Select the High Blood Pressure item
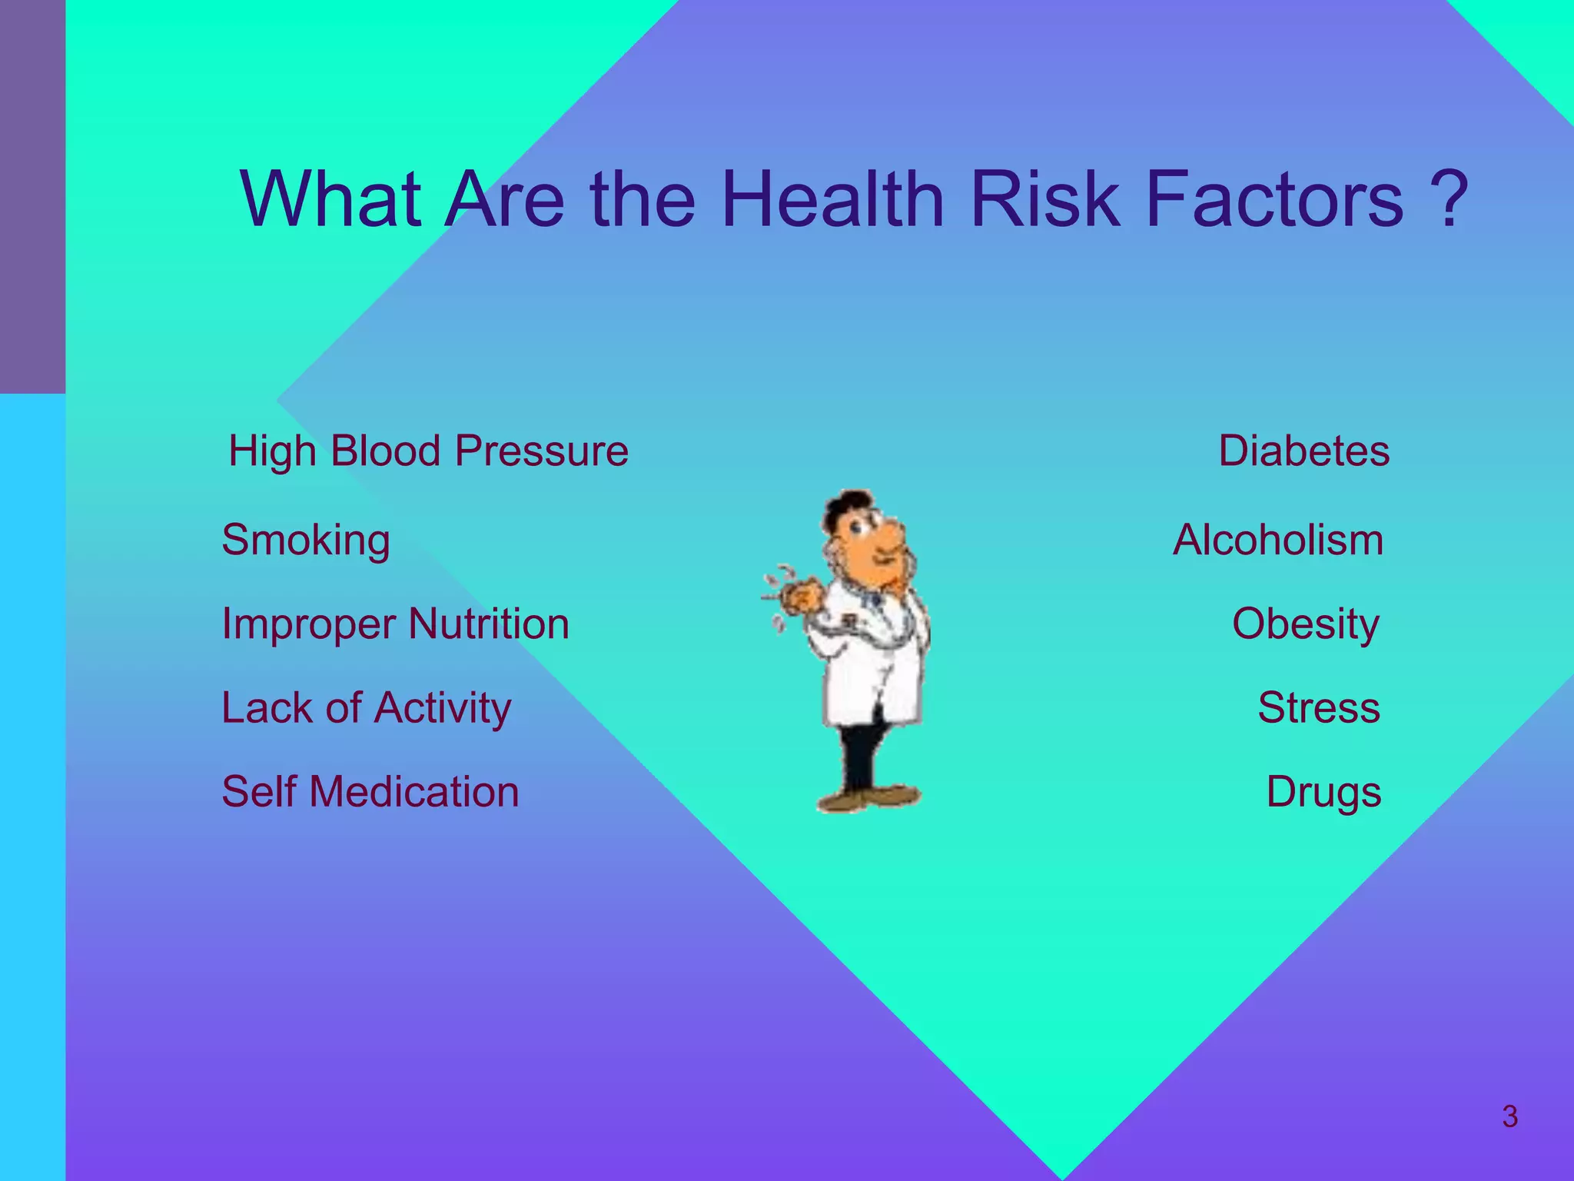click(x=428, y=451)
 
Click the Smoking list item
click(x=306, y=541)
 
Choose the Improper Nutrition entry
click(x=395, y=624)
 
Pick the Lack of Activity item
click(x=366, y=708)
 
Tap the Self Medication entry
click(x=370, y=792)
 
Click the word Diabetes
click(x=1303, y=451)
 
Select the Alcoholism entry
click(x=1277, y=541)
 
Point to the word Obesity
click(x=1305, y=624)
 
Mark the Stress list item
click(x=1318, y=708)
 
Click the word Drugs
click(x=1323, y=792)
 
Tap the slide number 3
click(x=1509, y=1116)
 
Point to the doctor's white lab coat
click(x=872, y=669)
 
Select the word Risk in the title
click(x=1044, y=199)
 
